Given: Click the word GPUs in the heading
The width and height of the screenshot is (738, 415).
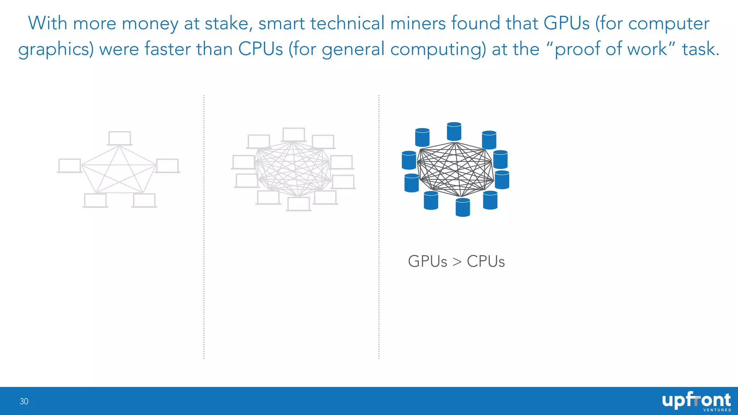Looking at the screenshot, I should (x=566, y=23).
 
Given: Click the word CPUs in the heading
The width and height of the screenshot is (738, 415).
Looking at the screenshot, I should (x=261, y=49).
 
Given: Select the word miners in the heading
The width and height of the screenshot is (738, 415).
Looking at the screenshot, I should (x=418, y=23).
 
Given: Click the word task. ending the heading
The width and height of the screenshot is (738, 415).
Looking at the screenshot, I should (x=701, y=49).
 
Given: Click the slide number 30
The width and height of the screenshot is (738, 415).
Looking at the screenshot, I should (x=24, y=401).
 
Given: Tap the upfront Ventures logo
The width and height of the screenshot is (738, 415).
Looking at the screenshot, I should (x=696, y=402).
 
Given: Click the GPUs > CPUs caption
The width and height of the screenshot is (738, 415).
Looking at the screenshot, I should (x=456, y=261).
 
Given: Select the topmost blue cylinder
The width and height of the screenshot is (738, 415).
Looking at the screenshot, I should (x=454, y=131).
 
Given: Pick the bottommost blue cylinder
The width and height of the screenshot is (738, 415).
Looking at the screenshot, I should (x=463, y=207).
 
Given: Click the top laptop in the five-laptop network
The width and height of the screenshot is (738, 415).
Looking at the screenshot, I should (x=120, y=138).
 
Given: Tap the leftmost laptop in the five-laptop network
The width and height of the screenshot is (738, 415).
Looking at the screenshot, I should (x=70, y=166).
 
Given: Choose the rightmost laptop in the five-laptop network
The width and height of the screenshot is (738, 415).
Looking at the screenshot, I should (x=168, y=166).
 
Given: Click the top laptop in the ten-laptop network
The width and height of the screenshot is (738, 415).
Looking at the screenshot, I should (x=294, y=135).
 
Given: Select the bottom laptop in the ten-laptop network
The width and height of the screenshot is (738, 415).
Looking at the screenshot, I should (x=299, y=204).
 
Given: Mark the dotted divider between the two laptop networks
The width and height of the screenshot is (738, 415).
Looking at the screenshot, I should (x=204, y=227).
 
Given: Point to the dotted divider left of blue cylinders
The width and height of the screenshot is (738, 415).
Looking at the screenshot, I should (x=379, y=227).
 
